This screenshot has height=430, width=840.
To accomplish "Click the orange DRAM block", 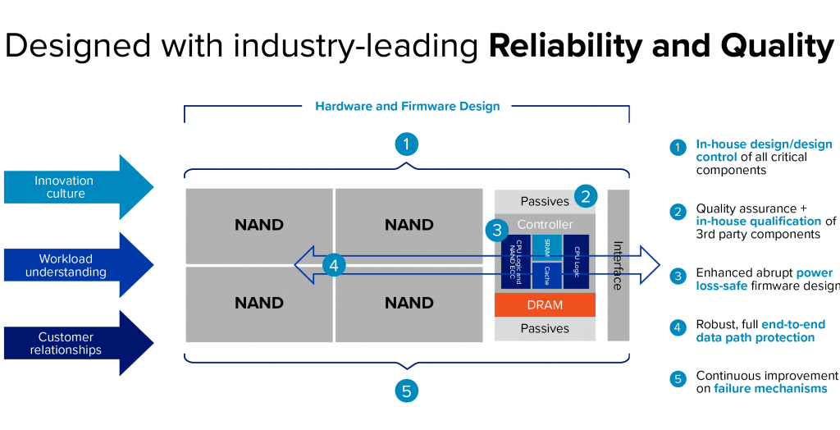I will coord(545,304).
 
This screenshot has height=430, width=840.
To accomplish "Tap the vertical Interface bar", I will coord(618,264).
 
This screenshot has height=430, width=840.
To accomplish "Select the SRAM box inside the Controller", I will coord(547,247).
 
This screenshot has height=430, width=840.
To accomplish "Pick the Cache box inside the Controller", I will coord(547,277).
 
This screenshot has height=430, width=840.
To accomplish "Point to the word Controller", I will coord(545,224).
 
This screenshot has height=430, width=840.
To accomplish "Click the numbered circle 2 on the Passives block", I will coord(585,196).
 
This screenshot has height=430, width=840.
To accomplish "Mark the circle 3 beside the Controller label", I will coord(495,229).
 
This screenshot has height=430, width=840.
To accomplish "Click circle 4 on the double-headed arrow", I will coord(332,265).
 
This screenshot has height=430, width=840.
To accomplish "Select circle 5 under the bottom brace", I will coord(406,391).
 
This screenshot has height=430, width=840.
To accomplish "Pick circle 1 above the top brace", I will coord(406,144).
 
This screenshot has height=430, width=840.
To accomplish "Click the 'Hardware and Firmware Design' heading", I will coord(407,106).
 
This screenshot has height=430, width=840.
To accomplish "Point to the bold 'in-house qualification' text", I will coord(759,221).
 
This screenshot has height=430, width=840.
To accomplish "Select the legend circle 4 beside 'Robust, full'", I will coord(678,327).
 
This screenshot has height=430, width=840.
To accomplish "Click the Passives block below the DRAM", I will coord(545,328).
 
